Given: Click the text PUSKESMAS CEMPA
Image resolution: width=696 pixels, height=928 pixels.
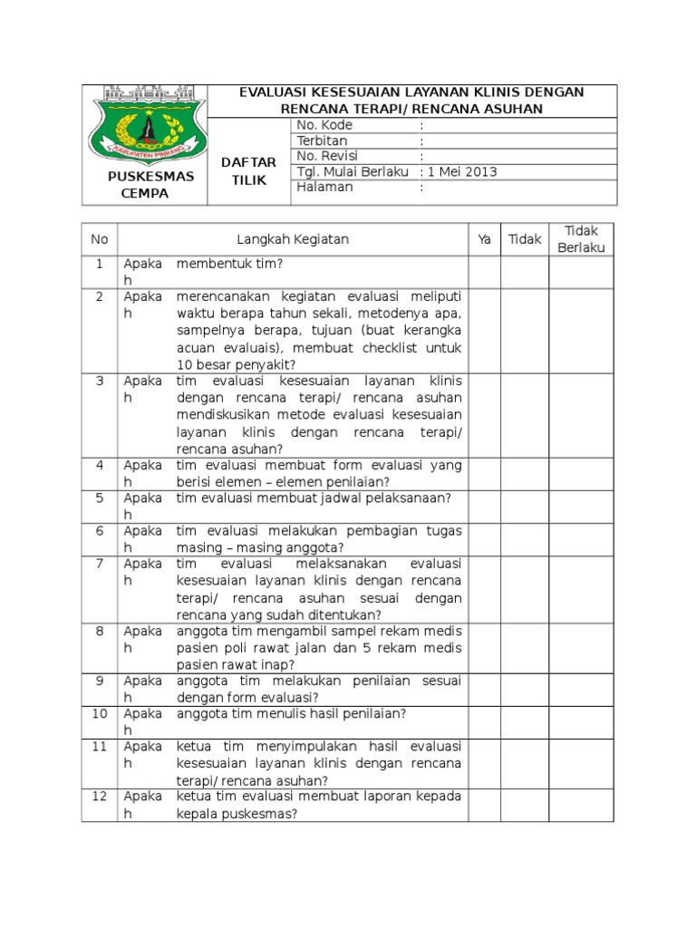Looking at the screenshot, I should [150, 185].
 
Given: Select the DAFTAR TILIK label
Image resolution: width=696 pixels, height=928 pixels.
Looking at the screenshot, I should [249, 170].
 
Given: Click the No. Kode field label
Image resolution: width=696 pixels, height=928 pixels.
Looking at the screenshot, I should [324, 125].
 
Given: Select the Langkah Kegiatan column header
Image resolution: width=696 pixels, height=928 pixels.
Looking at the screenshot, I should [293, 239].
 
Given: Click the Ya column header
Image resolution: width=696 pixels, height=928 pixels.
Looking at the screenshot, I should [484, 239].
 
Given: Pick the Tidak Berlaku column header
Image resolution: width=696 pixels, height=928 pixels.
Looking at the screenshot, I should [581, 239].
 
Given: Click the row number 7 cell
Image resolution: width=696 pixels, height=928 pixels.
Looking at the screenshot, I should [100, 564].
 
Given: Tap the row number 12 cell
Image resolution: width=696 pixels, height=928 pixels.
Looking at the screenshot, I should [100, 797].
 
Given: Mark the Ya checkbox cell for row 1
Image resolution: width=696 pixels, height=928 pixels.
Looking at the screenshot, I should [484, 272].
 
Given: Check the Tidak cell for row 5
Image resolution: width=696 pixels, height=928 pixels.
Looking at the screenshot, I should [524, 506].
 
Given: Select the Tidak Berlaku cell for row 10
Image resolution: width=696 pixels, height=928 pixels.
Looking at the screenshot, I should [581, 721].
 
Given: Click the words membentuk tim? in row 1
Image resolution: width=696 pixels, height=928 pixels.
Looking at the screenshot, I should [230, 264].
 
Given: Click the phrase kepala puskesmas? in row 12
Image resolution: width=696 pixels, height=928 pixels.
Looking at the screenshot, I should [237, 814].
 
